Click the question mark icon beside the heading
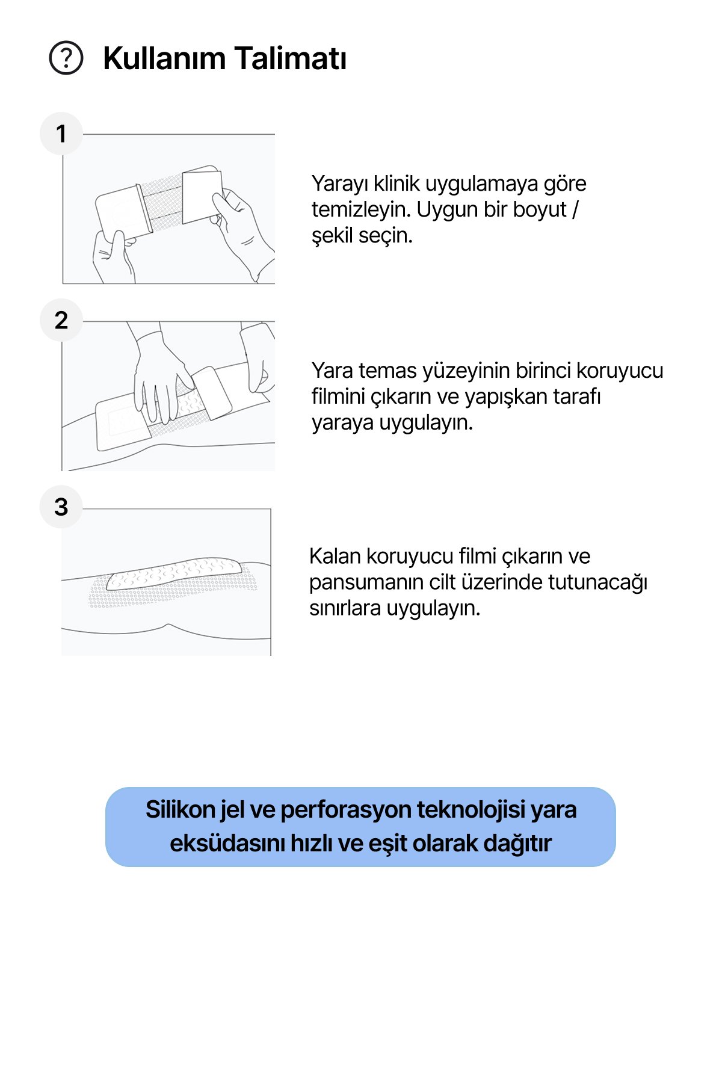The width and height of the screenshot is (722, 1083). pos(66,58)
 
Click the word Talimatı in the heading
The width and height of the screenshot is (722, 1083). pos(290,59)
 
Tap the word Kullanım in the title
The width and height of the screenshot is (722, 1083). pos(164,59)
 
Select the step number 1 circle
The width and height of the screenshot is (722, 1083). pos(61,134)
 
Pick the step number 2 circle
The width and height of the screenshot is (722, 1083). pos(61,320)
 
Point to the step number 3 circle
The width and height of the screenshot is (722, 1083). pos(61,507)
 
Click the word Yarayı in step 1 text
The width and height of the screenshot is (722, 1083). pos(339,184)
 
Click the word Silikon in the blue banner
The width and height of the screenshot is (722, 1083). pos(180,810)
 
